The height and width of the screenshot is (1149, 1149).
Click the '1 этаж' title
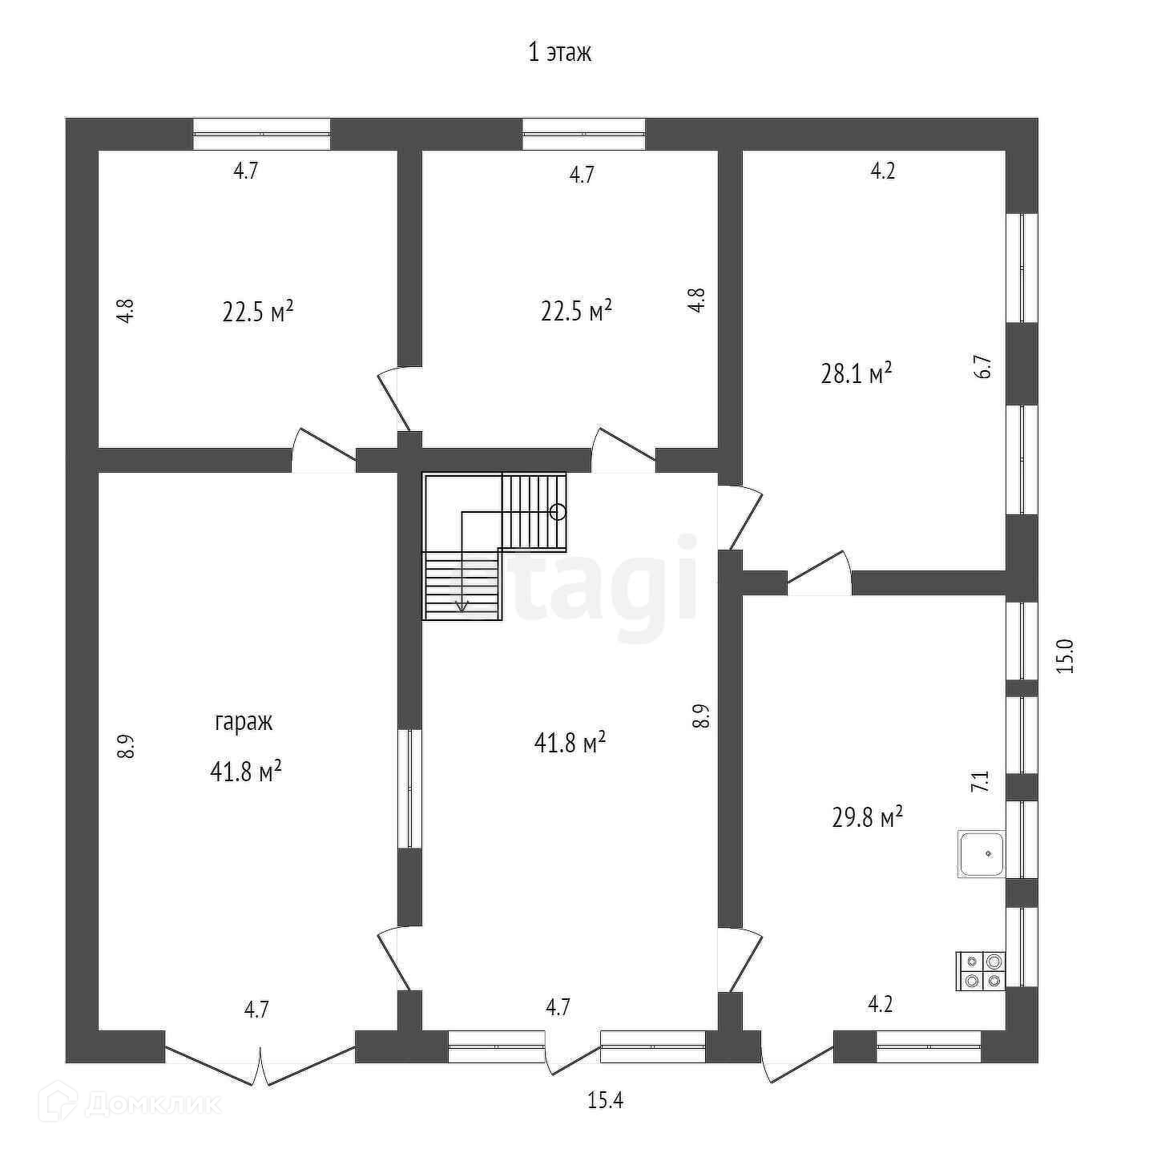pyautogui.click(x=559, y=54)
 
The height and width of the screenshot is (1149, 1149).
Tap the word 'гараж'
pyautogui.click(x=244, y=722)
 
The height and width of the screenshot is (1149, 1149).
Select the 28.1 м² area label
pyautogui.click(x=857, y=373)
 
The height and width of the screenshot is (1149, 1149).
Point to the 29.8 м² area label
pyautogui.click(x=868, y=818)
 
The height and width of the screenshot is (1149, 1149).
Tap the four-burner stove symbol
pyautogui.click(x=981, y=970)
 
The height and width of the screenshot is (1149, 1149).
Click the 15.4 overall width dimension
pyautogui.click(x=605, y=1101)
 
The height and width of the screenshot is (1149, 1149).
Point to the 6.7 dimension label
pyautogui.click(x=985, y=368)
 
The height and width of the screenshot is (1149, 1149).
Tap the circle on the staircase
pyautogui.click(x=558, y=511)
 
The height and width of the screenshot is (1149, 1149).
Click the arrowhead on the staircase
pyautogui.click(x=462, y=606)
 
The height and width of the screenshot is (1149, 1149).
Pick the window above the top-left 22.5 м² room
pyautogui.click(x=262, y=134)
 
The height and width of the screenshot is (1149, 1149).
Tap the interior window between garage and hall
pyautogui.click(x=410, y=788)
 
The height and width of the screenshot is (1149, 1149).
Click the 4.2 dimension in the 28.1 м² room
pyautogui.click(x=882, y=171)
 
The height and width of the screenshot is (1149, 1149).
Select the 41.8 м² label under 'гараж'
pyautogui.click(x=245, y=772)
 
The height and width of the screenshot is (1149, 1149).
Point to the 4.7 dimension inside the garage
pyautogui.click(x=256, y=1010)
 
